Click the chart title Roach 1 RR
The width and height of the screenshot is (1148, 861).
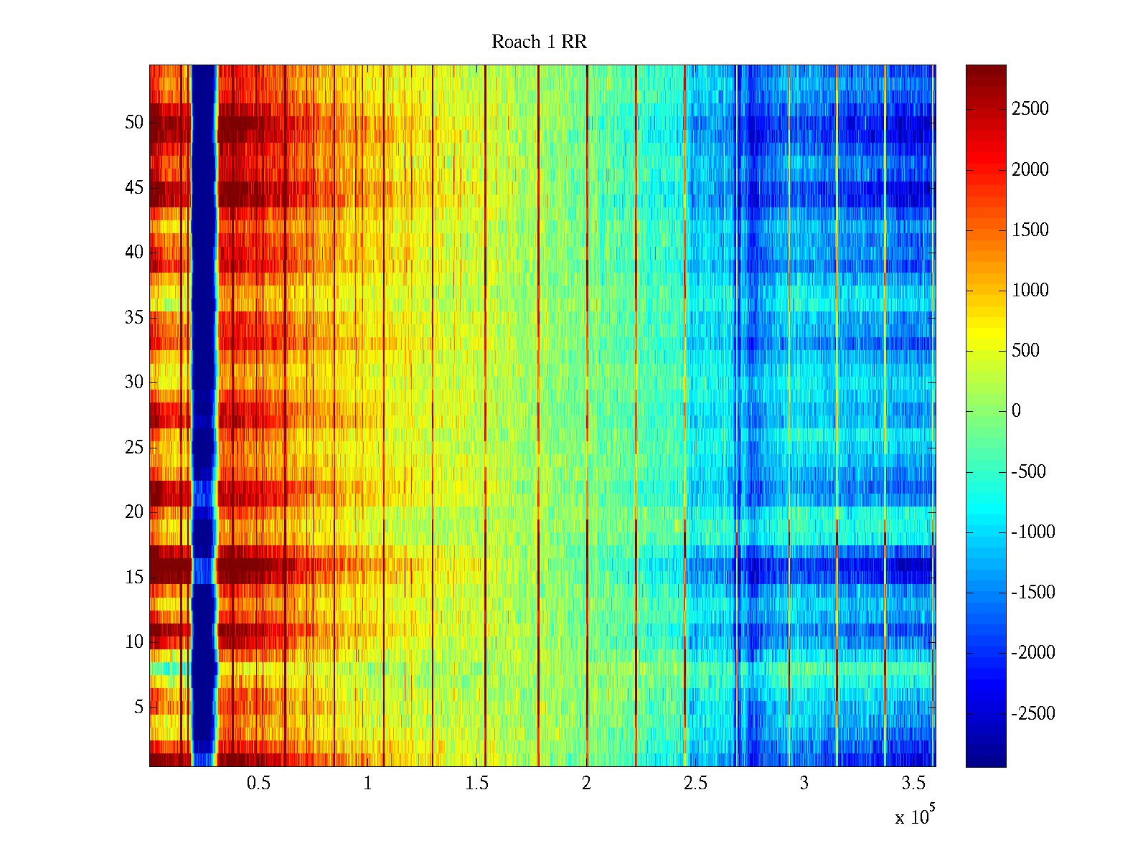[539, 42]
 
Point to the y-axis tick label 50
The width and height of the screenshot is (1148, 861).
[134, 123]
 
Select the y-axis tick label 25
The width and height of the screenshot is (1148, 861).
[134, 448]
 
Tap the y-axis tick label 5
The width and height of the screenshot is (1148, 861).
[138, 707]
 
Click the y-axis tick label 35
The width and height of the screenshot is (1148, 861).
[134, 318]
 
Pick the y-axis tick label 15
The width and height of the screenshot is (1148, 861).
[134, 578]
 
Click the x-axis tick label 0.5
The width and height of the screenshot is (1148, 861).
[258, 784]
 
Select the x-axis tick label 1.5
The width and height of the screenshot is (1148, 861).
[477, 784]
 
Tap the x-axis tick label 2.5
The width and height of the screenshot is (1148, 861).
[695, 784]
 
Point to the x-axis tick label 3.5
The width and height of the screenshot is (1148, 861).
[913, 784]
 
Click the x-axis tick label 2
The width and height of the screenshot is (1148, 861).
[586, 784]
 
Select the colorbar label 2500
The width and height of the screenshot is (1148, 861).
[1030, 109]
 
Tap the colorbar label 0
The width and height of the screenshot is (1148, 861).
[1016, 411]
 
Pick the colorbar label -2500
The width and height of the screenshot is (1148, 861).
[1032, 714]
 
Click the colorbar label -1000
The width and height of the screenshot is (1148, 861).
[1032, 532]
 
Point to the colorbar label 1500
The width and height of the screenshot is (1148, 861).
[1030, 230]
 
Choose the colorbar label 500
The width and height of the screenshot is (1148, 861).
[1025, 351]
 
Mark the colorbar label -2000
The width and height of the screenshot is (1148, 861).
[1032, 653]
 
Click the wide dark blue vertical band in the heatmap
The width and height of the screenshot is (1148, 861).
[204, 359]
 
